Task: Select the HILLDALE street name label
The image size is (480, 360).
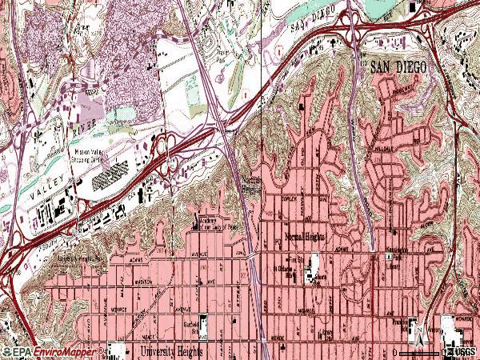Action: [386, 149]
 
